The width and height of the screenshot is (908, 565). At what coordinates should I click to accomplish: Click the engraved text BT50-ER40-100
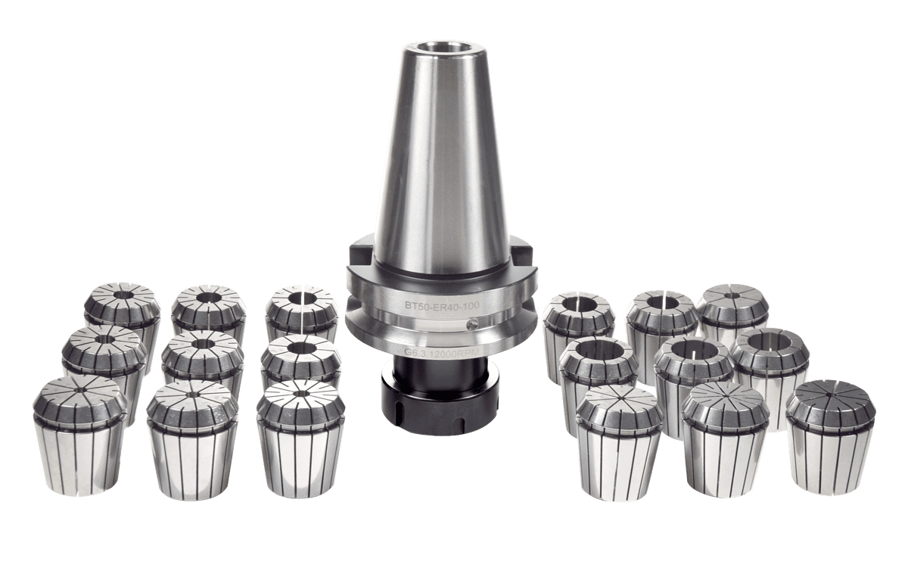tap(442, 305)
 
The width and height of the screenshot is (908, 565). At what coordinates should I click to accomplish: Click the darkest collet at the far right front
tap(829, 436)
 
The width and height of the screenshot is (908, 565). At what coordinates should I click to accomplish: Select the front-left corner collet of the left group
tap(79, 436)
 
